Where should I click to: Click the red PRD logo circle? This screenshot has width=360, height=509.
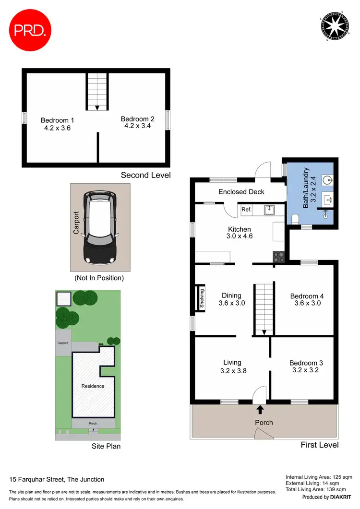(x=30, y=31)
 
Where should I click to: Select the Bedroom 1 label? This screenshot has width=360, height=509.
(x=57, y=120)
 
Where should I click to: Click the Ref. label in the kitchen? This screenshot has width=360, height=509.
(x=246, y=210)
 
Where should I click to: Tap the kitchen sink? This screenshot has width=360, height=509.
(x=269, y=209)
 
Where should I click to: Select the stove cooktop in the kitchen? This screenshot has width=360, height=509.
(x=279, y=257)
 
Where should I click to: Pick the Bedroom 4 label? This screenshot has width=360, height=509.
(x=307, y=296)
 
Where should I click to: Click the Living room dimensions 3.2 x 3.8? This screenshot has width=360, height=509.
(x=232, y=370)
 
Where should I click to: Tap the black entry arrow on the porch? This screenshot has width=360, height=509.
(x=260, y=409)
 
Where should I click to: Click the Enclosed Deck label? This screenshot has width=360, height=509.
(x=241, y=192)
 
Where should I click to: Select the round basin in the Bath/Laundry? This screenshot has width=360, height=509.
(x=327, y=180)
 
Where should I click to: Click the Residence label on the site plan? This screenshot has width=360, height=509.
(x=92, y=385)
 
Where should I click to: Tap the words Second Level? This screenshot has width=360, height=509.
(x=145, y=175)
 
